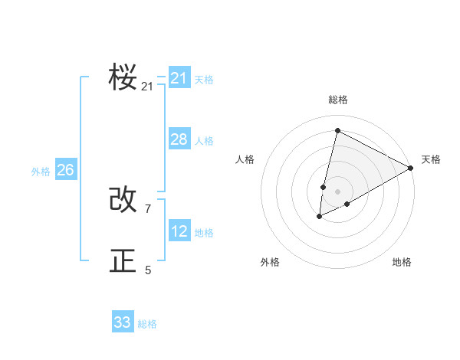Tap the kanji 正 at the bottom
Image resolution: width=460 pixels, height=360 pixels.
[x=123, y=260]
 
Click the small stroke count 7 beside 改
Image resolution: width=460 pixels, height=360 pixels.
[x=148, y=208]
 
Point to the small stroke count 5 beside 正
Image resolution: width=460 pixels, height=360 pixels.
[x=148, y=270]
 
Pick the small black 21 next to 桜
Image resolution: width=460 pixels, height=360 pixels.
[x=147, y=87]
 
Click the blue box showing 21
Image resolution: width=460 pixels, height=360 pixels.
[x=179, y=77]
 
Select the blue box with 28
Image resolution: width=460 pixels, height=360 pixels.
[x=179, y=139]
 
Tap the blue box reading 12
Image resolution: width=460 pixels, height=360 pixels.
[x=179, y=231]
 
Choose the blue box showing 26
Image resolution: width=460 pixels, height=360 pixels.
[x=66, y=169]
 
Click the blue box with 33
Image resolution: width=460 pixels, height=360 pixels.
[x=123, y=322]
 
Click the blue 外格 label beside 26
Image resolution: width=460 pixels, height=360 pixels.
[x=41, y=172]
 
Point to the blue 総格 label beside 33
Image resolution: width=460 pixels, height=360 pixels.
[x=147, y=324]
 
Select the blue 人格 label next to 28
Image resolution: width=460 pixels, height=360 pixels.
[x=204, y=141]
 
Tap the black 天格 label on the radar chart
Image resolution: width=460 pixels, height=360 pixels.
[x=431, y=159]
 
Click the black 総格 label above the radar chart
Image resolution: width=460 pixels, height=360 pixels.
[x=338, y=100]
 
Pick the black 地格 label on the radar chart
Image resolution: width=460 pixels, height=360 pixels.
[x=402, y=262]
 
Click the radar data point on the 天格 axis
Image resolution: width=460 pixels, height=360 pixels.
[x=411, y=168]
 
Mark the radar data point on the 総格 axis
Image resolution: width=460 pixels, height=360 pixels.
[x=337, y=130]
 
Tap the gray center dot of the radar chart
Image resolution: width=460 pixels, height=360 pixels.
[x=338, y=191]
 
